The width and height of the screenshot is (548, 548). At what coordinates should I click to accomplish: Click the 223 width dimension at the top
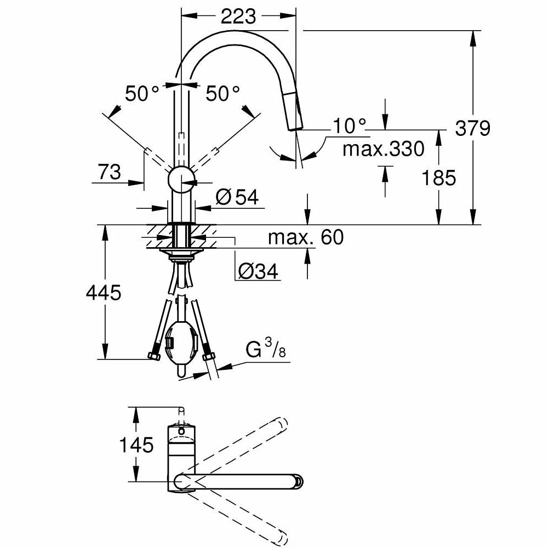coord(238,16)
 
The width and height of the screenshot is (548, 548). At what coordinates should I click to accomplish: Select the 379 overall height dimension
coord(472,129)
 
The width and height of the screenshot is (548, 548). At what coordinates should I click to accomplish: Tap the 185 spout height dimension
coord(439,178)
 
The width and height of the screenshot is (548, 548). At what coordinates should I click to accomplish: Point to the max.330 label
coord(383,149)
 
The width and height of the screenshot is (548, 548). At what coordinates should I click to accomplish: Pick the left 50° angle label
coord(142,94)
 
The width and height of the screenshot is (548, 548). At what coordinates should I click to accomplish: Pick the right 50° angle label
coord(222,94)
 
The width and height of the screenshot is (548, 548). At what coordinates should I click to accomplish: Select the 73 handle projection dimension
coord(110,172)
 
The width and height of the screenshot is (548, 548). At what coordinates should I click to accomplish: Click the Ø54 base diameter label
coord(237,197)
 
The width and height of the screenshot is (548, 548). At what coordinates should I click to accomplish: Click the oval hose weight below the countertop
coord(180,346)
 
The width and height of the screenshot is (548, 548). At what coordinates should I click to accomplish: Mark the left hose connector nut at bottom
coord(153,357)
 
